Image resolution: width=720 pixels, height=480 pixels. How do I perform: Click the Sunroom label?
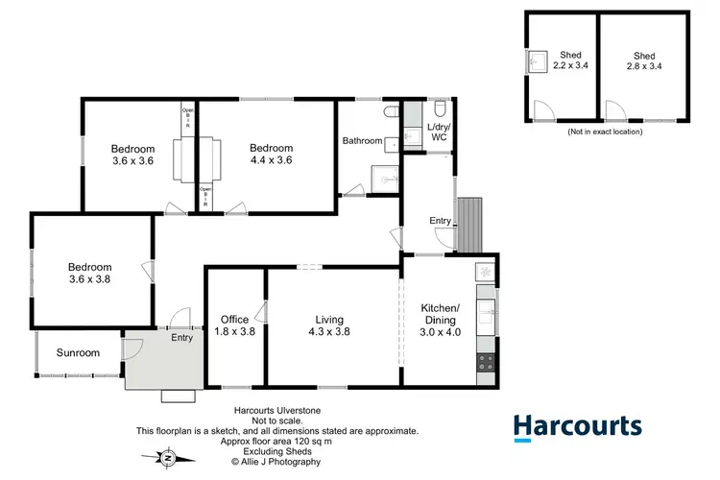tap(78, 352)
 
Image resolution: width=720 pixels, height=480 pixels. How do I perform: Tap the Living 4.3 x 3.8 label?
tap(329, 326)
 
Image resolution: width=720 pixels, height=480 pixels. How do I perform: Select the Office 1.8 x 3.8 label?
tap(235, 326)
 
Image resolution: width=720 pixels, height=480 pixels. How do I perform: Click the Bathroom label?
tap(363, 141)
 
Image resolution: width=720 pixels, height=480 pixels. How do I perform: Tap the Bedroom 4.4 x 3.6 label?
tap(271, 154)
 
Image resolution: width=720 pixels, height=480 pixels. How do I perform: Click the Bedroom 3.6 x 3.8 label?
tap(90, 274)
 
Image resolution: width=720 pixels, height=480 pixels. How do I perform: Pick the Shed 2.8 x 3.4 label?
tap(644, 60)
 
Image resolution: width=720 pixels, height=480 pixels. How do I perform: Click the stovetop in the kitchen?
tap(486, 363)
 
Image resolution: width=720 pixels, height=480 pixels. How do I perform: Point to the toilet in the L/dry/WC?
tap(438, 108)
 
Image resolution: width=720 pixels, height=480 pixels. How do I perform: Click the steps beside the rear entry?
tap(469, 226)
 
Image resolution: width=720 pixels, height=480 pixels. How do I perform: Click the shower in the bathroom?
tap(384, 179)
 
